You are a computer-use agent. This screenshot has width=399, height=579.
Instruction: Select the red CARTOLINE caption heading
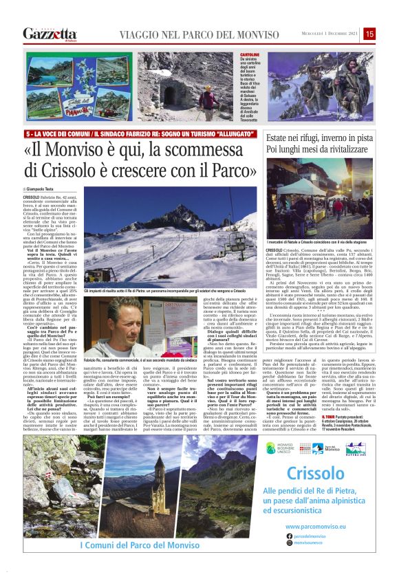coord(250,54)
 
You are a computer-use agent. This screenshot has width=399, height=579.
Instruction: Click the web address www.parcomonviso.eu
coord(314,525)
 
